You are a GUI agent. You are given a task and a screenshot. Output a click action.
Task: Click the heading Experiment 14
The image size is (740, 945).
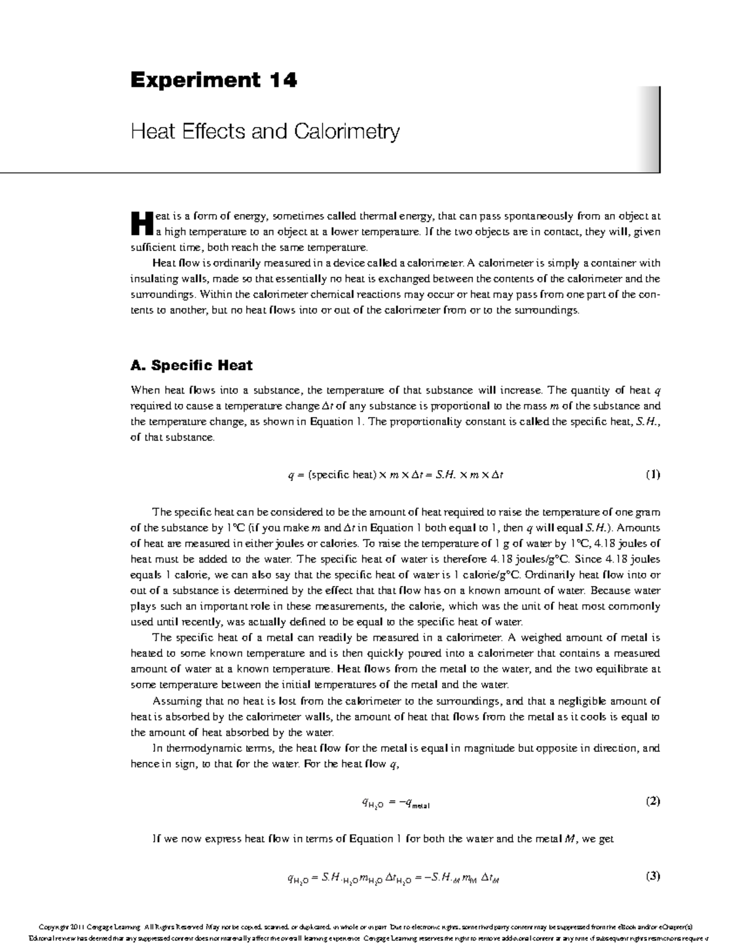pyautogui.click(x=213, y=80)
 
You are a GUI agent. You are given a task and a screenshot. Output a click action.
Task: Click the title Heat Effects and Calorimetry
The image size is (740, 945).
pyautogui.click(x=265, y=131)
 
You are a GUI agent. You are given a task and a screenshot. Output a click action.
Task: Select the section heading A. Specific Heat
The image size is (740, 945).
pyautogui.click(x=191, y=365)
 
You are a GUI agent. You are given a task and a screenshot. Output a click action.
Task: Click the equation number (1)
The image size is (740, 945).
pyautogui.click(x=652, y=474)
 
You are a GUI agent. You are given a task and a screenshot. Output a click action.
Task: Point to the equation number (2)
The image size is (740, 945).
pyautogui.click(x=652, y=801)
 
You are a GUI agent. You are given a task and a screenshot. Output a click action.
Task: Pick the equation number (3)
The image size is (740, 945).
pyautogui.click(x=652, y=876)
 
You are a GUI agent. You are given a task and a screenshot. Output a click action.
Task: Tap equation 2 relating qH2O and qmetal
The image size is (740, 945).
pyautogui.click(x=395, y=803)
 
